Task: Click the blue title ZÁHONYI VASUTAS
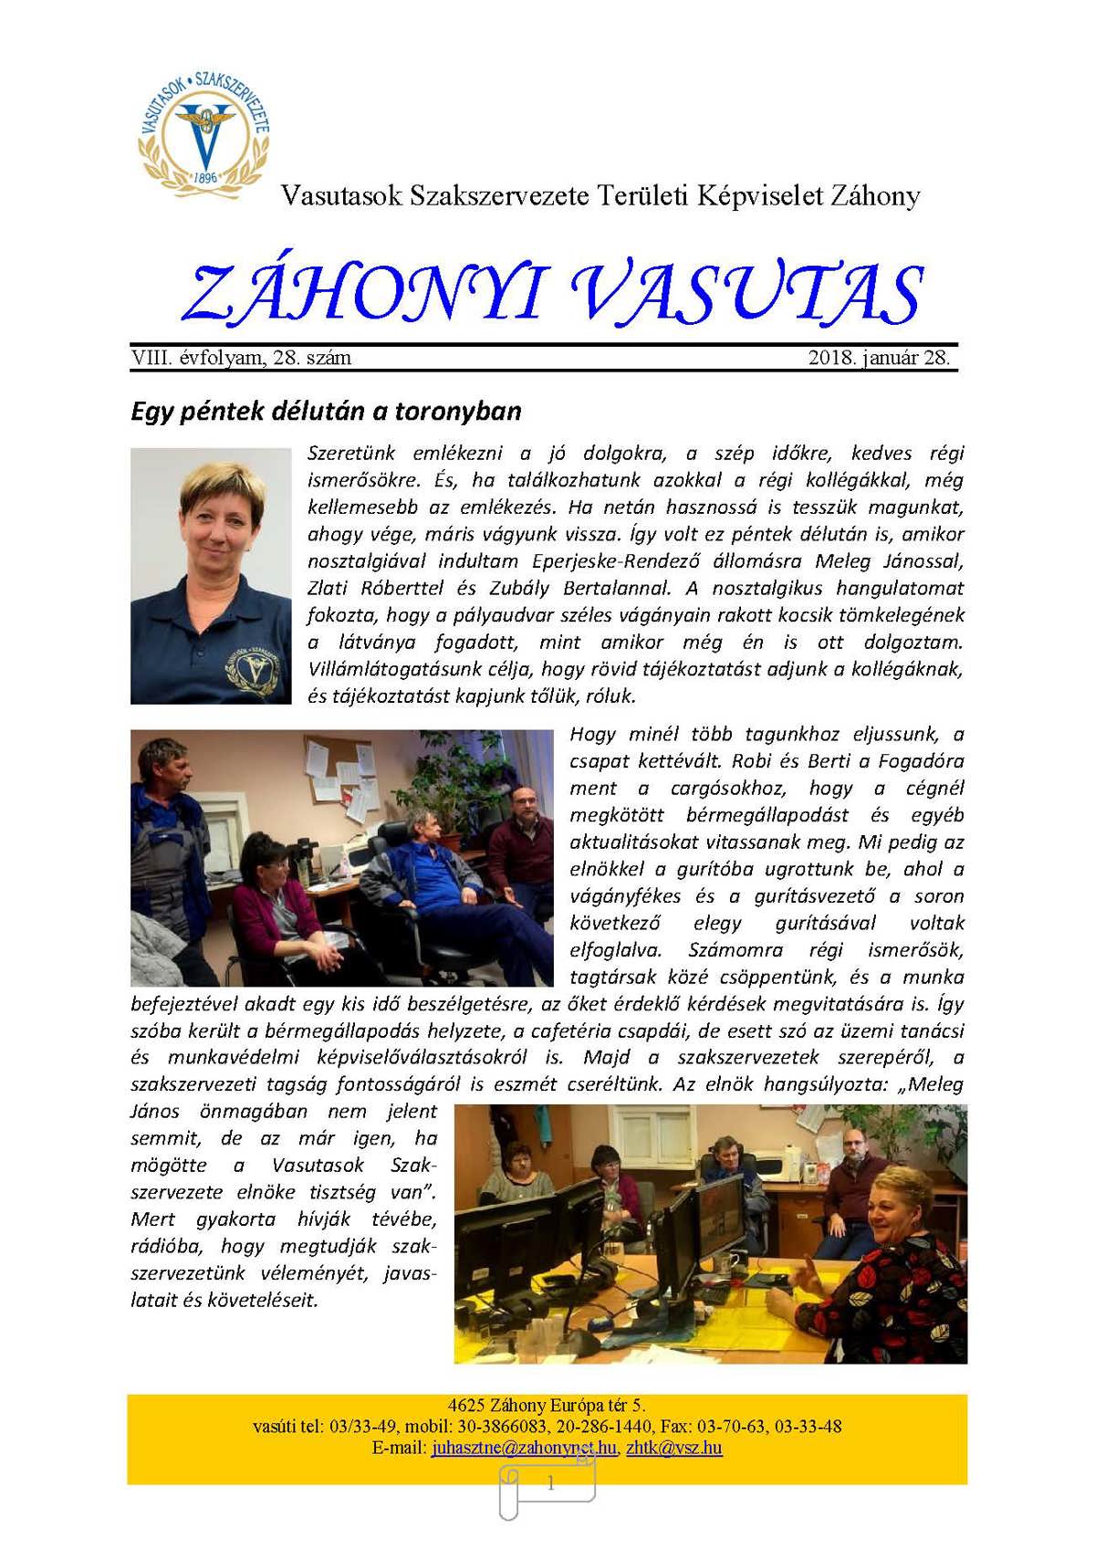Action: [552, 294]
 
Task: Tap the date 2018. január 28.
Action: [879, 358]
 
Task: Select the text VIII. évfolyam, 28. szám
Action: [242, 358]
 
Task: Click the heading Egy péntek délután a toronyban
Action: [326, 411]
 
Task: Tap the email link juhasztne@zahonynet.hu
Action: [524, 1448]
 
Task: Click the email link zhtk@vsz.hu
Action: [674, 1448]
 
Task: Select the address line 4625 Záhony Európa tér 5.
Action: [547, 1406]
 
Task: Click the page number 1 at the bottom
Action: [550, 1484]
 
